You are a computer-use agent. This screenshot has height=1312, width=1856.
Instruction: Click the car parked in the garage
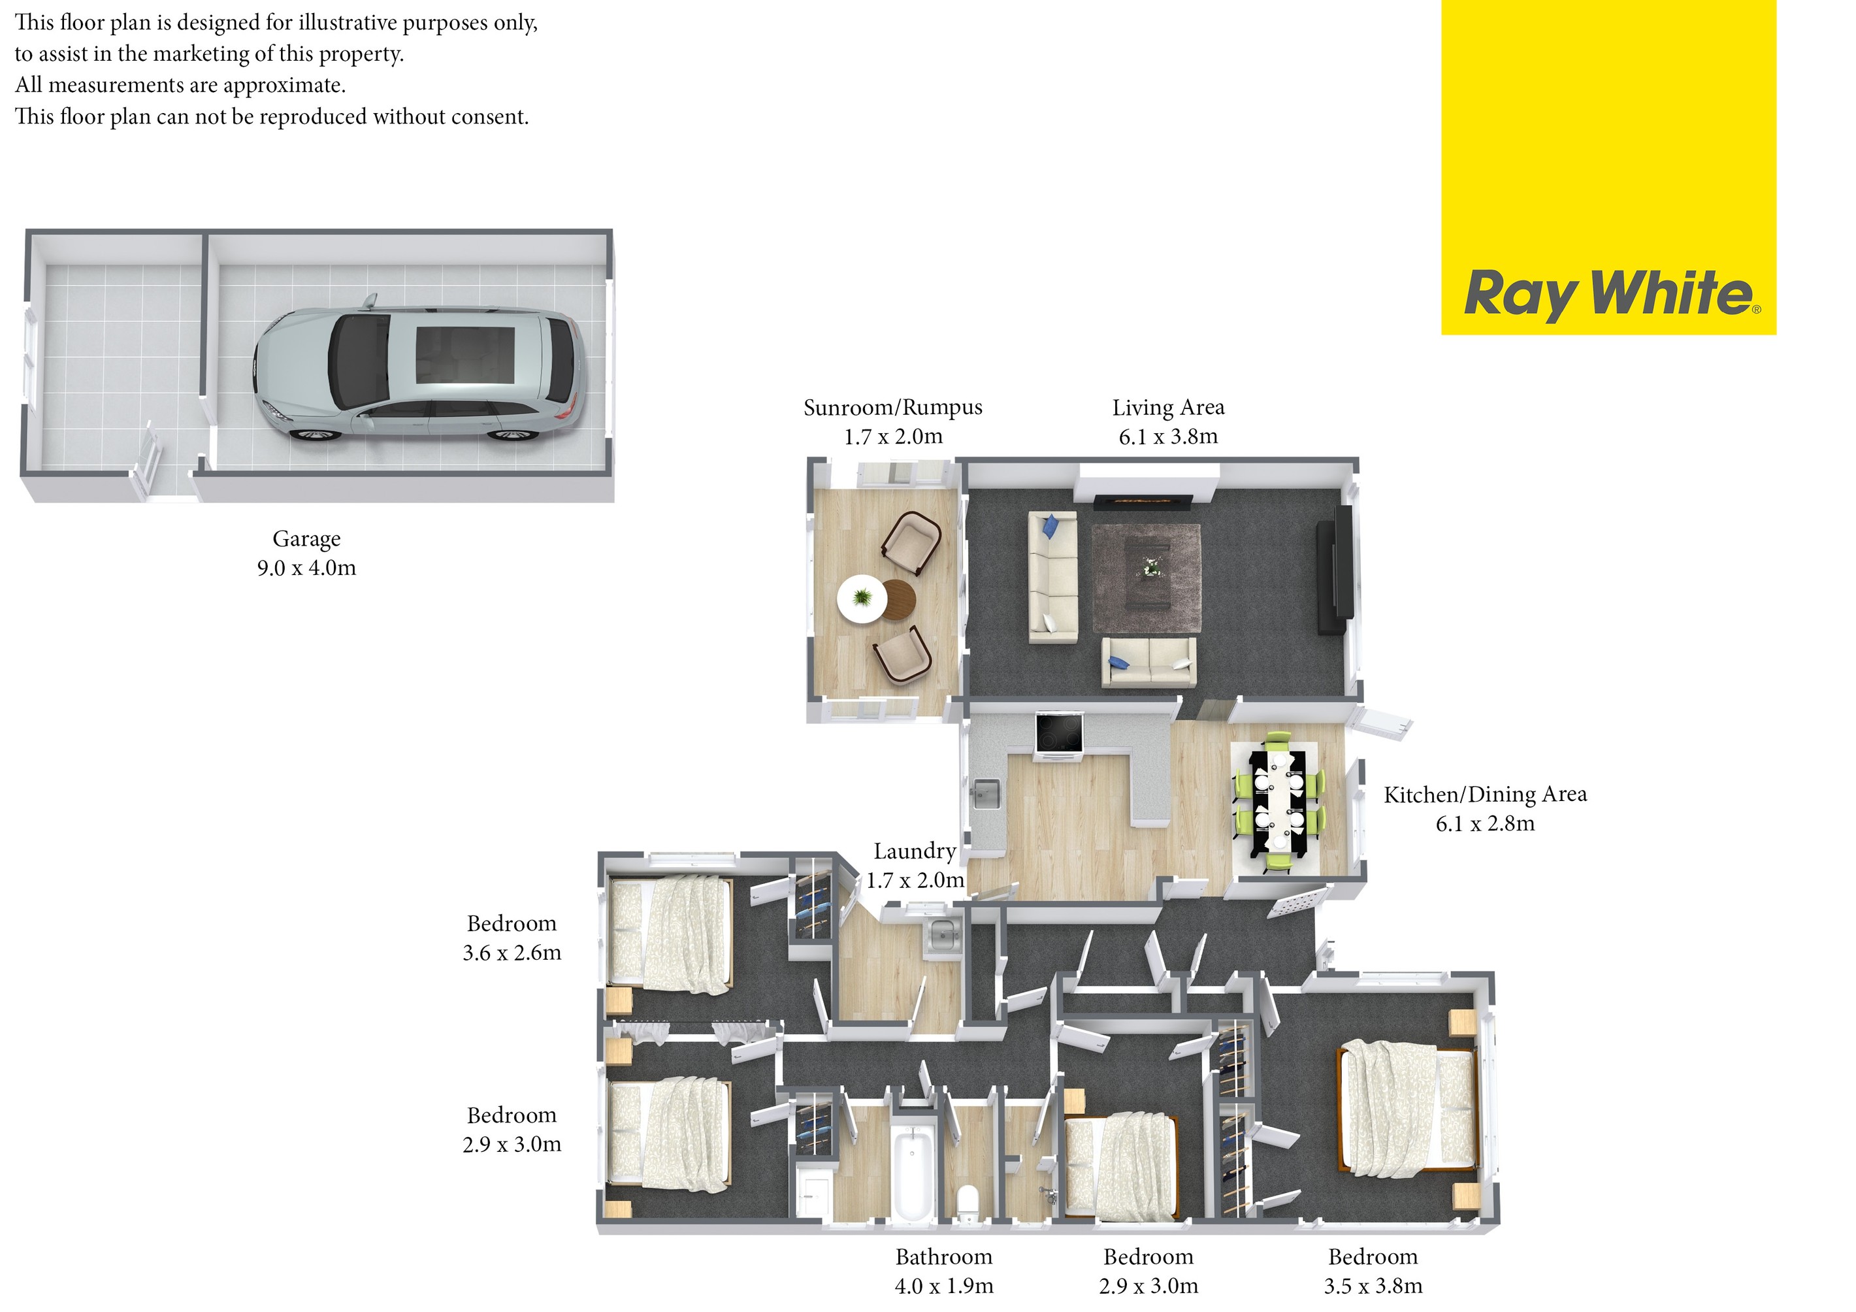pyautogui.click(x=418, y=374)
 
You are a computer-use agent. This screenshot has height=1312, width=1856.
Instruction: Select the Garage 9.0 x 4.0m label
pyautogui.click(x=306, y=553)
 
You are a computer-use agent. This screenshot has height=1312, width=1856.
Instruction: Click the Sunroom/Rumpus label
pyautogui.click(x=892, y=408)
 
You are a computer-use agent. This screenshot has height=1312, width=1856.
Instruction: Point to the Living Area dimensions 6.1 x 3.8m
pyautogui.click(x=1168, y=436)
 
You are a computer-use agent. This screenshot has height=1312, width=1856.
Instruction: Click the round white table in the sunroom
pyautogui.click(x=862, y=599)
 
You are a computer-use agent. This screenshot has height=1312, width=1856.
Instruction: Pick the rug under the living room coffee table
pyautogui.click(x=1147, y=578)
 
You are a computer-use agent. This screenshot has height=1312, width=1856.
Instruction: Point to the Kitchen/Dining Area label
pyautogui.click(x=1485, y=795)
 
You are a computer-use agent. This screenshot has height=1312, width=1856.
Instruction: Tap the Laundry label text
pyautogui.click(x=914, y=851)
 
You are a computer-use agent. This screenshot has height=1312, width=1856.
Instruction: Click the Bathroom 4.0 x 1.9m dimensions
pyautogui.click(x=943, y=1286)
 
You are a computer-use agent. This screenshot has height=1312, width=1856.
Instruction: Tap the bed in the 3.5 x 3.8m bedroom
pyautogui.click(x=1408, y=1109)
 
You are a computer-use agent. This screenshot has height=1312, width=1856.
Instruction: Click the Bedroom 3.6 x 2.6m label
pyautogui.click(x=512, y=938)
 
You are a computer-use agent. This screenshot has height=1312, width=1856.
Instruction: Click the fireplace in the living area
pyautogui.click(x=1142, y=502)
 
